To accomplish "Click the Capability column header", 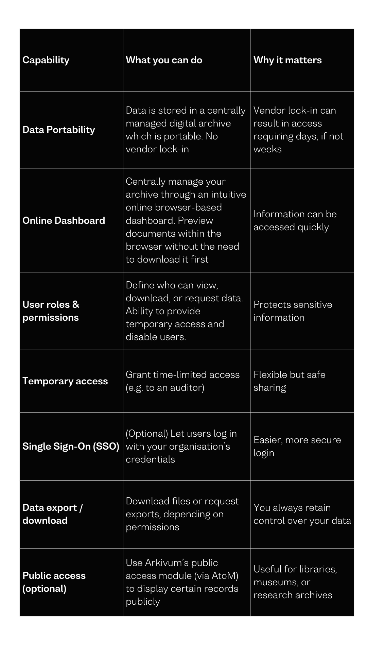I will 46,60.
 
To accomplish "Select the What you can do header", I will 164,60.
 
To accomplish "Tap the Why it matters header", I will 287,60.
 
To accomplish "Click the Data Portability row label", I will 58,130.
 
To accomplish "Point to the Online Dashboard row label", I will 64,220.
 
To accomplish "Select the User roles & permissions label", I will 51,311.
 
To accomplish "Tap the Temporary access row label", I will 65,381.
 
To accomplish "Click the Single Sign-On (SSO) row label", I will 71,446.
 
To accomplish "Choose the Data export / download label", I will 53,514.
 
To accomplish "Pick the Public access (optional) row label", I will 54,582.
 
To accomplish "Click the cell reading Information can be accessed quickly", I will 295,220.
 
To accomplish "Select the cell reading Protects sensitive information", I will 293,311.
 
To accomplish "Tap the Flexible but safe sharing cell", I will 289,381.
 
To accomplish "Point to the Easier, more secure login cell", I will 297,446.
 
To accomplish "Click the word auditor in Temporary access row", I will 186,387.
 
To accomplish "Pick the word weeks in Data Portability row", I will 267,149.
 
